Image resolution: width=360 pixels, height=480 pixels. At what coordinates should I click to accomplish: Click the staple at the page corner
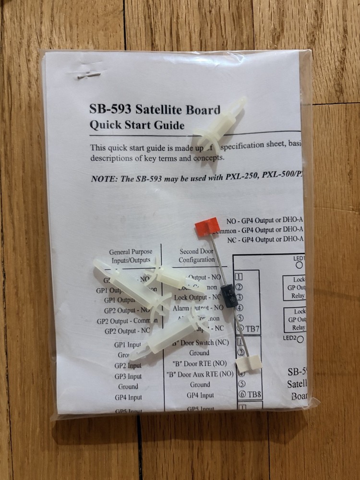point(89,75)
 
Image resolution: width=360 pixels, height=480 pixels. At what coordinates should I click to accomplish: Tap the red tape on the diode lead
point(206,225)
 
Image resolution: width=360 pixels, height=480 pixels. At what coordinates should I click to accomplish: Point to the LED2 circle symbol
point(300,339)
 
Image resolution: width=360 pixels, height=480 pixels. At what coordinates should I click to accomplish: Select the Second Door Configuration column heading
point(197,255)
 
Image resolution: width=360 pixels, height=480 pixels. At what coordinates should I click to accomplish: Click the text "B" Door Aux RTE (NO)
point(200,374)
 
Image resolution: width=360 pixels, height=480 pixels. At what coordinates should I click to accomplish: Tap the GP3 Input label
point(128,376)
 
